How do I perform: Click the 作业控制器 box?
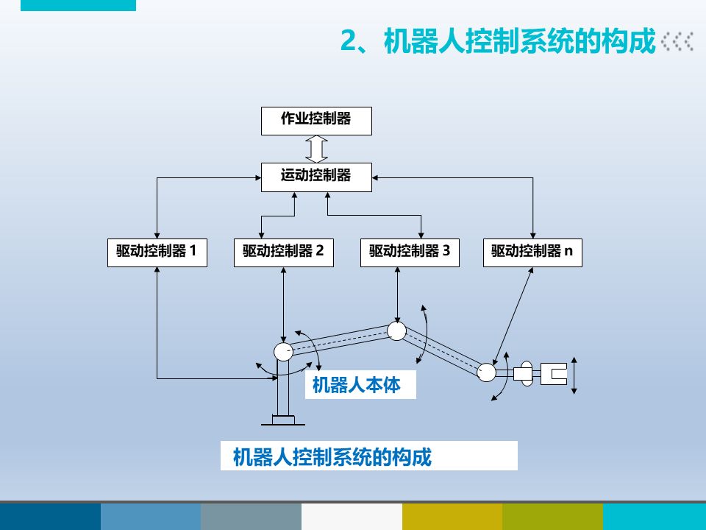[x=316, y=120]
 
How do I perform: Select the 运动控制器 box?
[x=316, y=177]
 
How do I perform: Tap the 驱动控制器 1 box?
[x=157, y=252]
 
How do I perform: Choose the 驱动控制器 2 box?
[x=283, y=252]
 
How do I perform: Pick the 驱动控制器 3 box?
[x=410, y=252]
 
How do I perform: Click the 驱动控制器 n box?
[x=532, y=252]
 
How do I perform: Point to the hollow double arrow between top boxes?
[x=316, y=149]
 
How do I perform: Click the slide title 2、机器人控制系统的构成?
[x=497, y=42]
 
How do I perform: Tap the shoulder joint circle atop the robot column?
[x=283, y=352]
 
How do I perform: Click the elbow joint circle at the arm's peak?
[x=396, y=331]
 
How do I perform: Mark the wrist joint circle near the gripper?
[x=486, y=372]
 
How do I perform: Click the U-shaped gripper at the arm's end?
[x=552, y=374]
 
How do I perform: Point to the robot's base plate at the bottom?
[x=283, y=420]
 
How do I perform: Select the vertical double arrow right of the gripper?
[x=575, y=375]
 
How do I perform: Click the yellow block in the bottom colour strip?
[x=452, y=517]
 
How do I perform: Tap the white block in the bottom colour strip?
[x=352, y=517]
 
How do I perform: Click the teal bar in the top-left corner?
[x=78, y=5]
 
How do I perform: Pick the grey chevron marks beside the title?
[x=677, y=42]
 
